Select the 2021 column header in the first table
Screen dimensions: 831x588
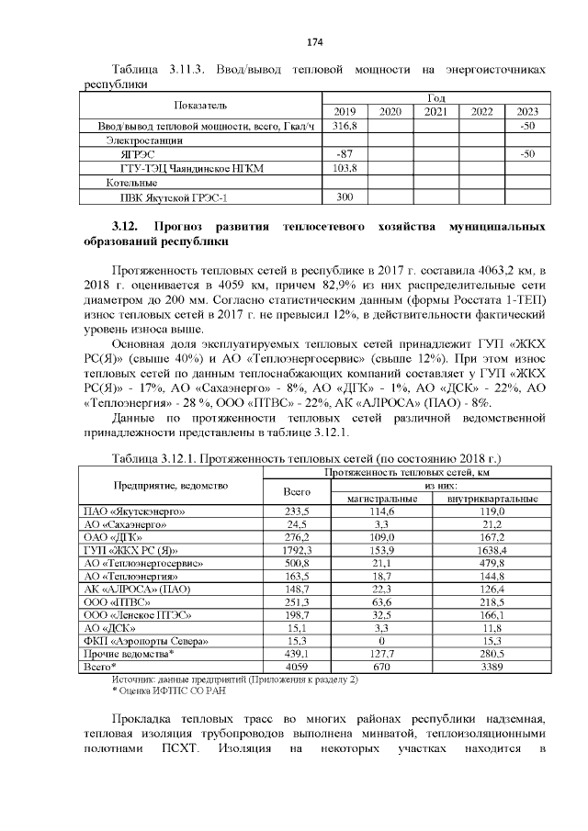click(x=435, y=112)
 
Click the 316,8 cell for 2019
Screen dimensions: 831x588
click(x=345, y=126)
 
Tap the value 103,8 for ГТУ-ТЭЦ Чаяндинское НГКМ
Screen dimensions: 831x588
click(x=345, y=169)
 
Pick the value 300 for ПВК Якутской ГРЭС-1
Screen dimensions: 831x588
click(x=345, y=197)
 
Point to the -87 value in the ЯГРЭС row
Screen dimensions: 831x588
click(x=345, y=155)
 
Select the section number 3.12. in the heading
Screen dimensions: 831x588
click(x=124, y=226)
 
